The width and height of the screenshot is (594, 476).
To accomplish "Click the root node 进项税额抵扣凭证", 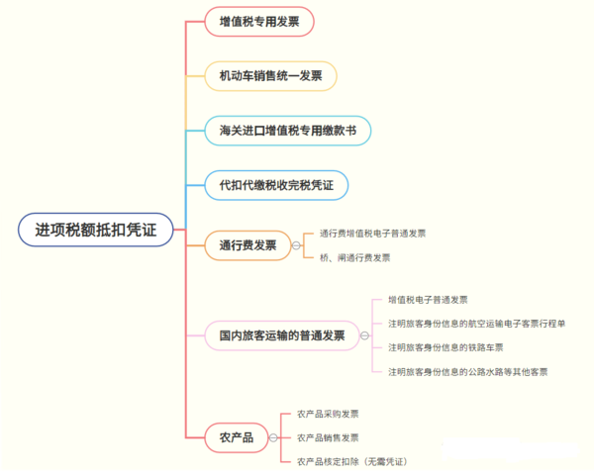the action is pyautogui.click(x=96, y=230).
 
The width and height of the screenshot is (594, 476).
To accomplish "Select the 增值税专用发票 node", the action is pyautogui.click(x=259, y=22).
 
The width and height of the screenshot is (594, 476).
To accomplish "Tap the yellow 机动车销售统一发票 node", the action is pyautogui.click(x=270, y=76).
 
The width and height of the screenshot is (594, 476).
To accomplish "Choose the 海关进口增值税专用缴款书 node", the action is pyautogui.click(x=288, y=131).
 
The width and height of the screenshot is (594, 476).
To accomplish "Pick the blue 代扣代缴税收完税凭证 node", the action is pyautogui.click(x=276, y=185).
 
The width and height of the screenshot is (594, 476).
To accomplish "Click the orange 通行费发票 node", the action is pyautogui.click(x=247, y=245).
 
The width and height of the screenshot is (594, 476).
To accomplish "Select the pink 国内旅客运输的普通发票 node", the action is pyautogui.click(x=282, y=335).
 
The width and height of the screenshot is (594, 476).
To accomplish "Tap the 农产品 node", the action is pyautogui.click(x=237, y=437).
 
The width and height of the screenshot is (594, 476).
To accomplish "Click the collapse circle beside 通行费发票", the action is pyautogui.click(x=296, y=245).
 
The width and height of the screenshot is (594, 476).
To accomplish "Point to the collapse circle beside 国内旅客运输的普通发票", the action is pyautogui.click(x=364, y=335).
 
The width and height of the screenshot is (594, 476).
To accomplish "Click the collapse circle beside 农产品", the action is pyautogui.click(x=273, y=437).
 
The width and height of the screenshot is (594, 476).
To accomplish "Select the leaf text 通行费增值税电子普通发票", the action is pyautogui.click(x=373, y=234).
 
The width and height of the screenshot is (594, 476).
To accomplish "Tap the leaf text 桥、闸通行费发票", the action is pyautogui.click(x=355, y=258).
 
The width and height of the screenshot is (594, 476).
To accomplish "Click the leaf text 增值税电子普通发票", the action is pyautogui.click(x=428, y=300).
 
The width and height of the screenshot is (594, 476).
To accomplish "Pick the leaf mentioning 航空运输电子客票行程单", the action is pyautogui.click(x=476, y=324).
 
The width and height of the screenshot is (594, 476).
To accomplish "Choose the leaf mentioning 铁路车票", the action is pyautogui.click(x=445, y=347).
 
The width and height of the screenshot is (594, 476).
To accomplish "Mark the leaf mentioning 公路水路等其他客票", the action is pyautogui.click(x=468, y=372).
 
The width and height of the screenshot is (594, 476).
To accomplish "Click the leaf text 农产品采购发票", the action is pyautogui.click(x=328, y=414).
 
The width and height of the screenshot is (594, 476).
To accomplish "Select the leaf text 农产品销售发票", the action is pyautogui.click(x=328, y=437).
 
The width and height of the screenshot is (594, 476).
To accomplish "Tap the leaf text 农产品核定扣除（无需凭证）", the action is pyautogui.click(x=352, y=461).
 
